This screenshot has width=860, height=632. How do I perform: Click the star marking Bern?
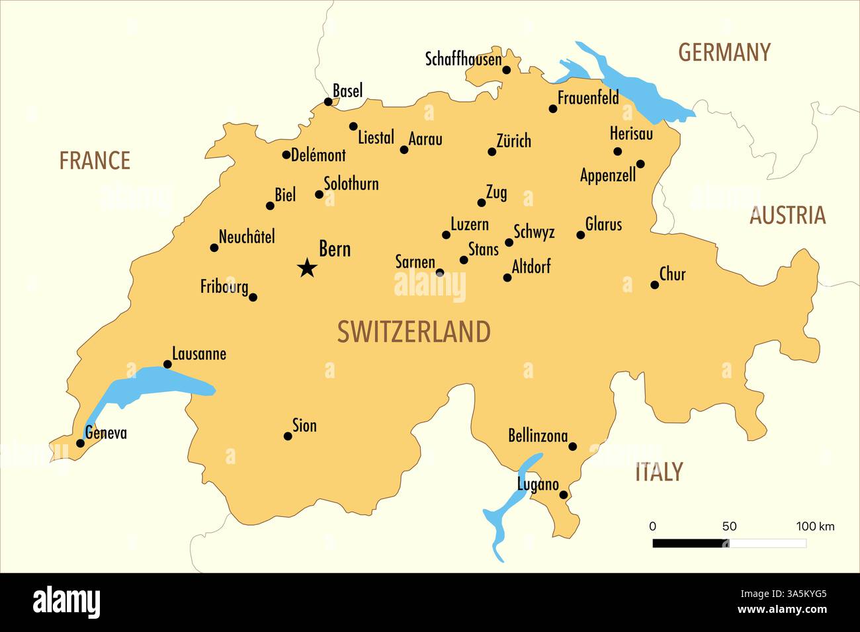point(307,268)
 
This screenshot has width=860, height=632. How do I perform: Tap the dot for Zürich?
point(492,152)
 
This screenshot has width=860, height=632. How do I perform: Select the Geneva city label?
point(106,434)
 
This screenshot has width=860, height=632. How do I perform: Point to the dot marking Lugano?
point(564,494)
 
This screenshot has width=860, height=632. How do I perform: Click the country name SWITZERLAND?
point(414,331)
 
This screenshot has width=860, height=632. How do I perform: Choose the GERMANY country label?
point(724,52)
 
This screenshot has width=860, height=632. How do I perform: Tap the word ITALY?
point(658,472)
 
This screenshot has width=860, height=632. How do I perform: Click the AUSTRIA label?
point(787,215)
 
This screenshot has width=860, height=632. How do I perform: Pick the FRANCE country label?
point(95,160)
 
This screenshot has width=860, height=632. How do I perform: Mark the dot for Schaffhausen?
point(507,70)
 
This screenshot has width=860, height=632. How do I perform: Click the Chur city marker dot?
point(654,285)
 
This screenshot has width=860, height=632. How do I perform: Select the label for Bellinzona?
point(538,436)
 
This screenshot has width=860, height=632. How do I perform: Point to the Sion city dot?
point(288,436)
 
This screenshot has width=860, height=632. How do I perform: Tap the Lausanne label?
point(199,354)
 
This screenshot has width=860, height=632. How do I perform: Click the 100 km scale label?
point(815,526)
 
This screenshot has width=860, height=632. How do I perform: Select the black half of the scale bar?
point(689,543)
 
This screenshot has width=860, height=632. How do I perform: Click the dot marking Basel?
point(328,102)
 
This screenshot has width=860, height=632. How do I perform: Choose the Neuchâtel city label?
point(247,237)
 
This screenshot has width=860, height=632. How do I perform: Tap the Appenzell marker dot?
point(640,164)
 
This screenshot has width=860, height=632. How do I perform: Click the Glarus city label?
point(603,224)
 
